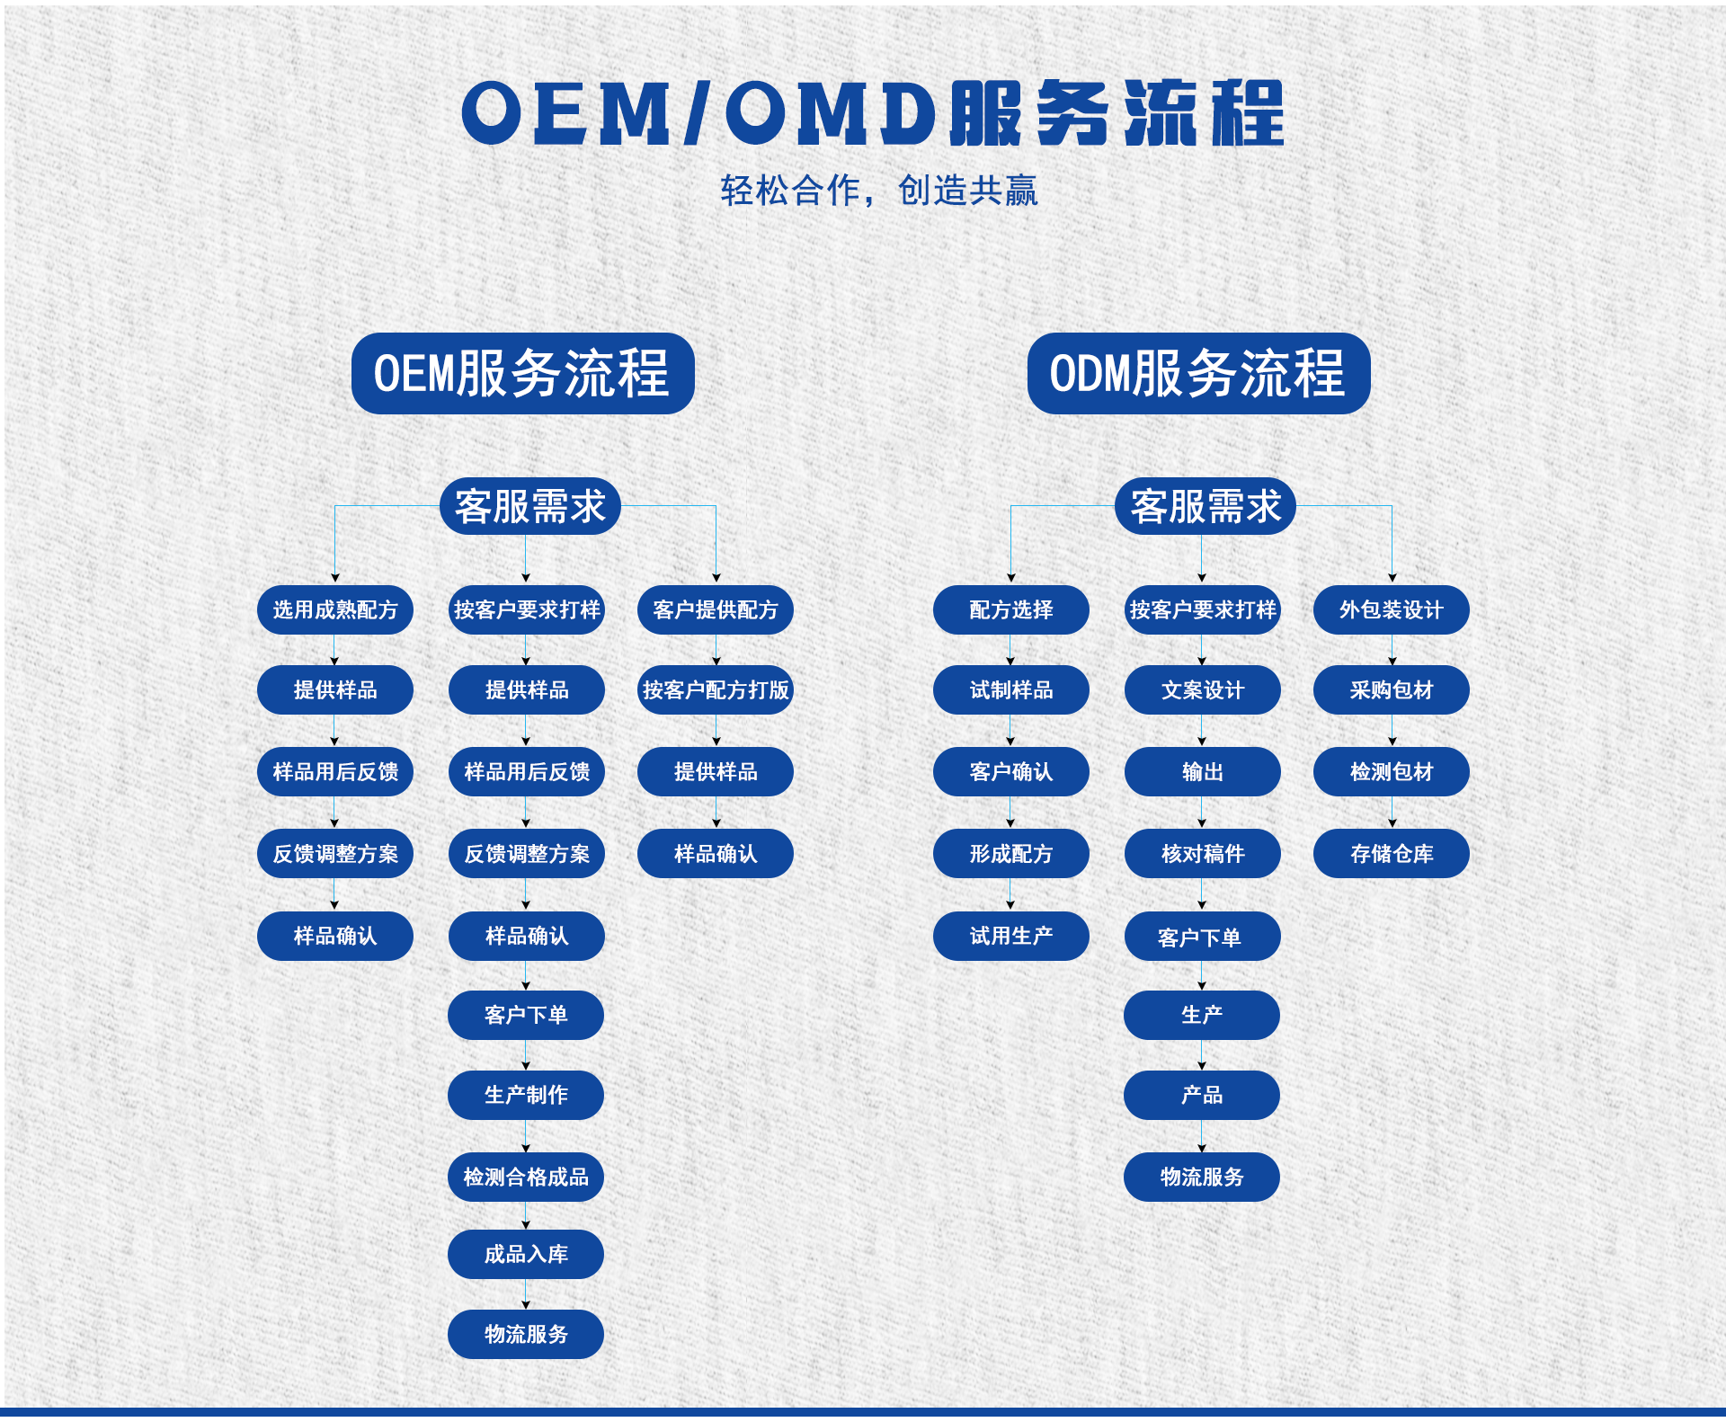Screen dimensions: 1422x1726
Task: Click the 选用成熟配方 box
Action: coord(335,610)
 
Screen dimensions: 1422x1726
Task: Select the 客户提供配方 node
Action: coord(716,610)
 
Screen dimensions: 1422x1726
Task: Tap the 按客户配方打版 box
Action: coord(716,690)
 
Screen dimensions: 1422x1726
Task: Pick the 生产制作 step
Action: coord(526,1095)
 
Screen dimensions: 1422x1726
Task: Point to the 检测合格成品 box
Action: coord(526,1177)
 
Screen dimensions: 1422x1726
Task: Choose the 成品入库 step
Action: coord(526,1254)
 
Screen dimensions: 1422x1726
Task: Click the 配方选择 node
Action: coord(1011,610)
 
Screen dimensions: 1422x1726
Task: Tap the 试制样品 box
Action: coord(1011,690)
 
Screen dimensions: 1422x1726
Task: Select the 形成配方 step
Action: coord(1011,854)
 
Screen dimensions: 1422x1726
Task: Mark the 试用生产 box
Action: coord(1011,936)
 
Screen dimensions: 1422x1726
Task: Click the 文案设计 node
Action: coord(1203,690)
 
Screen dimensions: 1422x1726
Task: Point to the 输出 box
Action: coord(1203,772)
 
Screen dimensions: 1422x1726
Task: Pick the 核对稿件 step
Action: coord(1203,854)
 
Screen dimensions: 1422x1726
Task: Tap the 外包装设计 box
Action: coord(1392,610)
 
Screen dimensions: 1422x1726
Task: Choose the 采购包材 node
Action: coord(1392,690)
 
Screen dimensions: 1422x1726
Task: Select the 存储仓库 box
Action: coord(1392,854)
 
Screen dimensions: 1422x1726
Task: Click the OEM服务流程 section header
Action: coord(522,374)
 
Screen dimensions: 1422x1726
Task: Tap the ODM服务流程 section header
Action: coord(1198,374)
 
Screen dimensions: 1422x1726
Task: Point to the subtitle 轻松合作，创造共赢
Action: coord(879,191)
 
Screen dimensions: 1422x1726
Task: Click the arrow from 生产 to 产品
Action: coord(1202,1055)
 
